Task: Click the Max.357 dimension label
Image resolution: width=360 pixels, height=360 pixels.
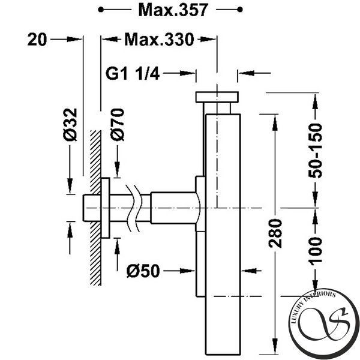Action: (x=173, y=10)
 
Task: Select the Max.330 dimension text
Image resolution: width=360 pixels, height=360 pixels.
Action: (x=159, y=40)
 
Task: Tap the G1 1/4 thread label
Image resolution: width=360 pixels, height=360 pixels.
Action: (x=132, y=73)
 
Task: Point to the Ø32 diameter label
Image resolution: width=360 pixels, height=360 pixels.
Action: (x=70, y=124)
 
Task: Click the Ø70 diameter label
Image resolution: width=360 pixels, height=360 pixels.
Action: (x=117, y=124)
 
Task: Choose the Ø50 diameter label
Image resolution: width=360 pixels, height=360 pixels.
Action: (x=143, y=271)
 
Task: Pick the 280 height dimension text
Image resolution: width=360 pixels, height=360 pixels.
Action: (x=275, y=233)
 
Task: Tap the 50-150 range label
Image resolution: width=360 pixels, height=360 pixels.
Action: (x=315, y=151)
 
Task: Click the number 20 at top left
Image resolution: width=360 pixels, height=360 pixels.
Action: (x=37, y=40)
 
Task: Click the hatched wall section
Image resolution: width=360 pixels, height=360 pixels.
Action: (x=95, y=208)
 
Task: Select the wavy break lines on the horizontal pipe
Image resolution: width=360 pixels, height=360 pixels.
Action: (x=133, y=208)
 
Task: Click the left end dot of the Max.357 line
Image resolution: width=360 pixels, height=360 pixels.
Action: (x=101, y=10)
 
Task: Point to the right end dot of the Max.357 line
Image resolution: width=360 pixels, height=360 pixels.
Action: (x=240, y=10)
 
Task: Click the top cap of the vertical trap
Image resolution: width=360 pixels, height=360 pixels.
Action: (x=217, y=97)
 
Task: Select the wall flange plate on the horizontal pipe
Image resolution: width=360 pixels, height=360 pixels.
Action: (x=106, y=208)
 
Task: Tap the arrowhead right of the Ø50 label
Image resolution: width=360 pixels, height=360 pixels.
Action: (x=187, y=271)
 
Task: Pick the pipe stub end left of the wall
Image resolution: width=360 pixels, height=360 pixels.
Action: (x=92, y=208)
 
